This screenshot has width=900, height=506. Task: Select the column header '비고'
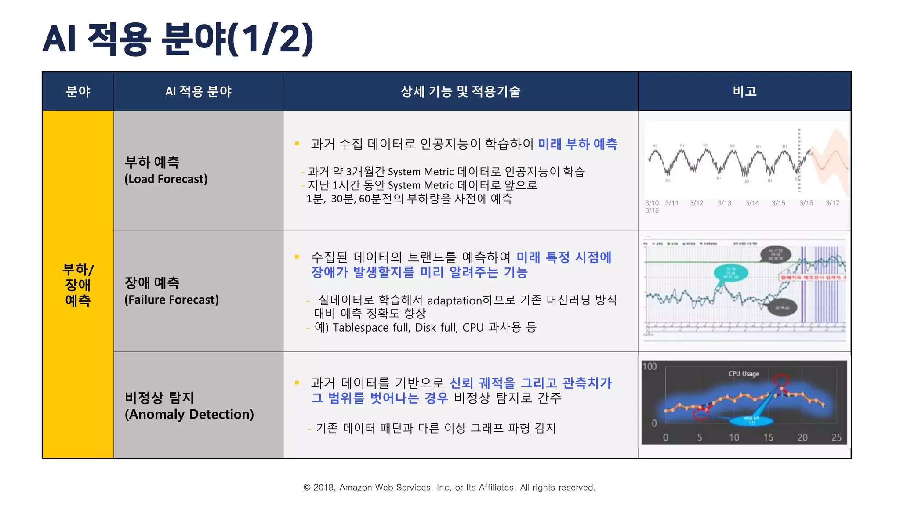744,91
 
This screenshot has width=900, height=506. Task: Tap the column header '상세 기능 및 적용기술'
460,91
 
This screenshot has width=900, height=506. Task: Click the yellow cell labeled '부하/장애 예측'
78,284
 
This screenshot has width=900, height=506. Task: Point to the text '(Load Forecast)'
166,179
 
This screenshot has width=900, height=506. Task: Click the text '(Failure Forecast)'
171,300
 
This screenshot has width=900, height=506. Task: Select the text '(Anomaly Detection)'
189,414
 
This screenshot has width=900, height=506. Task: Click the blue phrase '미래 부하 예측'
577,144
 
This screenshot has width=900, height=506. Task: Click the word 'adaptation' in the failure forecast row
454,300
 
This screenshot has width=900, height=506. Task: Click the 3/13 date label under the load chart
724,203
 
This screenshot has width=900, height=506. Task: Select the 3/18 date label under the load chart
652,210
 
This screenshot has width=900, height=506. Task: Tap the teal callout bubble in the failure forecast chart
730,273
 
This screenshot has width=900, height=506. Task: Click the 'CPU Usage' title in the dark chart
744,374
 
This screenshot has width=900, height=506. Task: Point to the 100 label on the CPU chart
650,366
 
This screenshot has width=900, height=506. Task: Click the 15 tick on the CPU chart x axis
768,437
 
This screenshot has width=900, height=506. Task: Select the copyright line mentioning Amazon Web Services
449,487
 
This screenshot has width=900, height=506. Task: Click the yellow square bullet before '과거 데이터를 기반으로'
297,383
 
